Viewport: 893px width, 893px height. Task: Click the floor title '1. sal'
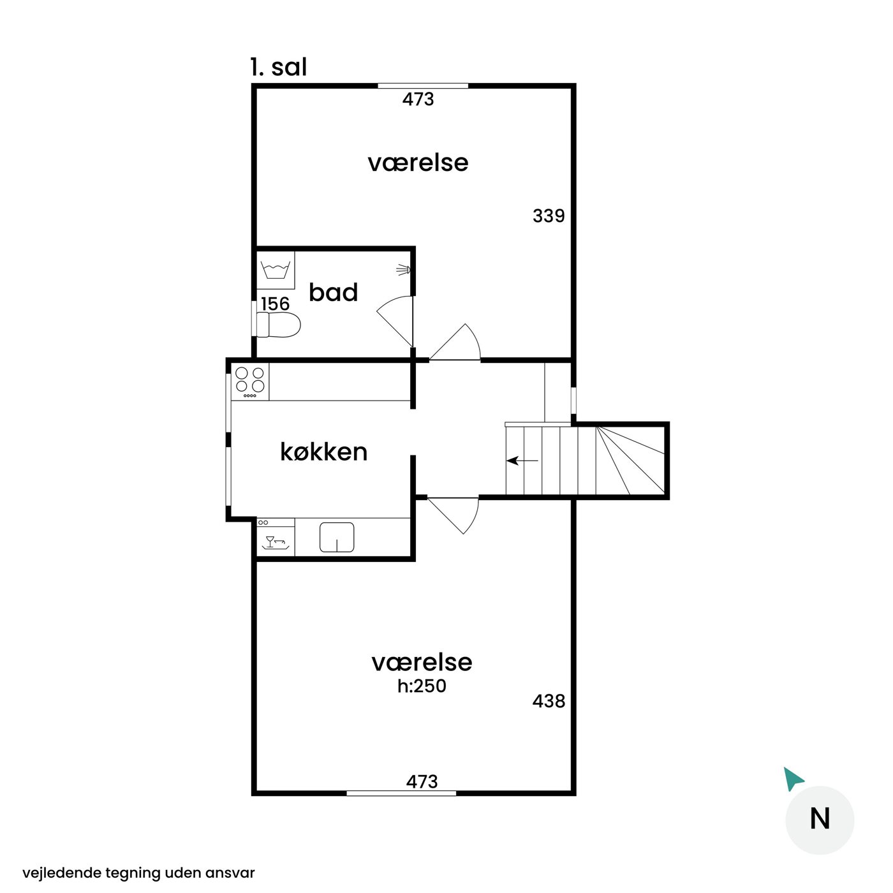click(x=279, y=68)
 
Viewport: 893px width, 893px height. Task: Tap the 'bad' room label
click(x=333, y=292)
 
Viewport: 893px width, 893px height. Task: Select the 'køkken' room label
click(x=324, y=452)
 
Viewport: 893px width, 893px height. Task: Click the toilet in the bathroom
click(x=278, y=325)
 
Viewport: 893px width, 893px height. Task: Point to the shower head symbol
click(x=404, y=270)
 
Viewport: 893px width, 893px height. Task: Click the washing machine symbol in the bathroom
click(x=276, y=270)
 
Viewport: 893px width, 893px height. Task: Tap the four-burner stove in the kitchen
click(x=250, y=381)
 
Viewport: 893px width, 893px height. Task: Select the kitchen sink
click(x=337, y=537)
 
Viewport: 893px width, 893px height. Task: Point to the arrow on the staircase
click(x=522, y=461)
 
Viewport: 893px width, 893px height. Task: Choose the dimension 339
click(x=549, y=216)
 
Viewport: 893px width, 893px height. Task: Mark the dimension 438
click(x=549, y=701)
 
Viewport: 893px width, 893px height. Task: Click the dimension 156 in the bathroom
click(x=276, y=304)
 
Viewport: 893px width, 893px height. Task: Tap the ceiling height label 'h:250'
click(x=422, y=686)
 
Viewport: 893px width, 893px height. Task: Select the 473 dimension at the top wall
click(x=418, y=99)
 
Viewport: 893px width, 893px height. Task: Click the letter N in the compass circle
click(x=819, y=818)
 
